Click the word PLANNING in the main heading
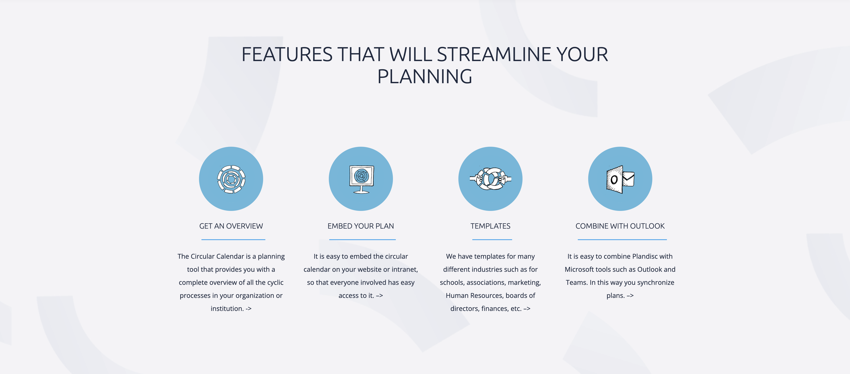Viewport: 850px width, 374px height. point(425,77)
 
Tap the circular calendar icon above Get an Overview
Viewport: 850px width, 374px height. point(231,179)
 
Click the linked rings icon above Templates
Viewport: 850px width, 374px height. point(490,179)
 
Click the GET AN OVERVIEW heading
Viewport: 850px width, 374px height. point(231,226)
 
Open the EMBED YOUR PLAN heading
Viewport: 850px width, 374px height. point(361,226)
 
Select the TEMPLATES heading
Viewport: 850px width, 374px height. point(490,226)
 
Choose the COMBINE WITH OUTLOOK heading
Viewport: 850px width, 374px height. point(620,226)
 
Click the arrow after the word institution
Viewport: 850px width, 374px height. point(249,309)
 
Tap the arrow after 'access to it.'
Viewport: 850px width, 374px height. point(379,296)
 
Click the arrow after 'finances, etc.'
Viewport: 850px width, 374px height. point(527,309)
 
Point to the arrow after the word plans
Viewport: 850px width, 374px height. point(630,296)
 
